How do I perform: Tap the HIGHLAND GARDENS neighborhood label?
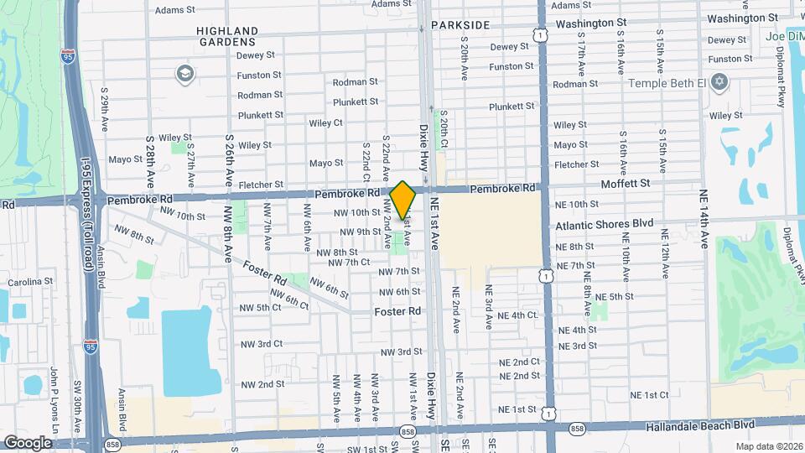pos(226,35)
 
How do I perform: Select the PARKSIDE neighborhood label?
pos(460,25)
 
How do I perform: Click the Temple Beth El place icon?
pos(718,82)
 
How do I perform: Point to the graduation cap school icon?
pos(183,75)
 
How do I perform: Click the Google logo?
pos(28,442)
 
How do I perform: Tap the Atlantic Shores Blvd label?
pos(604,225)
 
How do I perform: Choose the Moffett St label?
pos(625,183)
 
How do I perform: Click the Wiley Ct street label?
pos(325,122)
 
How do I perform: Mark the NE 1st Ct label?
pos(649,394)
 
